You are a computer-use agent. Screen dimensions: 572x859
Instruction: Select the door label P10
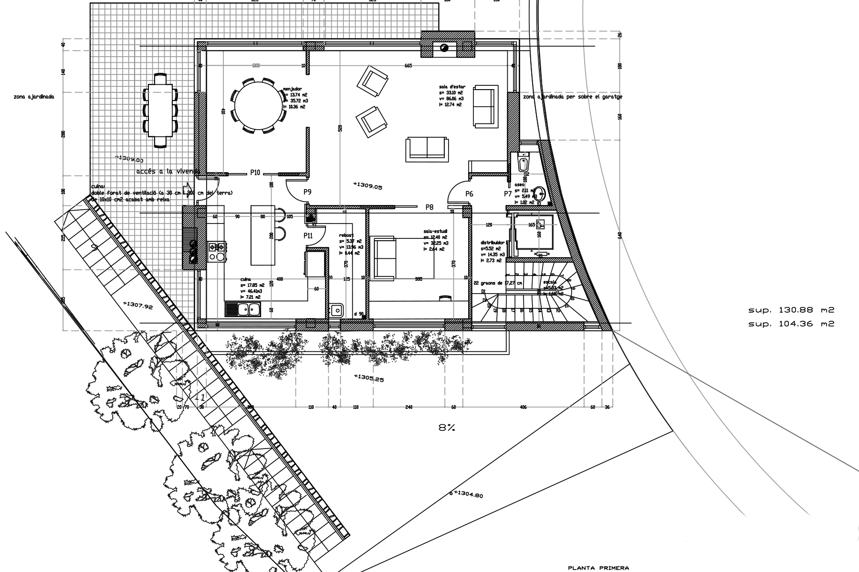(255, 173)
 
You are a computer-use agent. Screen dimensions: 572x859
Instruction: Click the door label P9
(307, 192)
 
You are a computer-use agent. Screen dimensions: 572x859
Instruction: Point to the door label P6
(469, 194)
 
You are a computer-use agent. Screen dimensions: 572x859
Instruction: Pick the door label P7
(508, 194)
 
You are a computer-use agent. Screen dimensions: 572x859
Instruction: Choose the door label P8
(429, 207)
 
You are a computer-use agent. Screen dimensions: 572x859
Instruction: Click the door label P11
(308, 235)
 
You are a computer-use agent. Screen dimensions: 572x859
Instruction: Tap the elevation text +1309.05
(367, 186)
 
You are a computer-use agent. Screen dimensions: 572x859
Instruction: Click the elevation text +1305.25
(369, 378)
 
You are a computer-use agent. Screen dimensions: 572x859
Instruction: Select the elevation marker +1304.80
(468, 495)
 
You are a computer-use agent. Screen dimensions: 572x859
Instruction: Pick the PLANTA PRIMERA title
(598, 568)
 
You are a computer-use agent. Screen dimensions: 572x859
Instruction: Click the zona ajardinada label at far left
(34, 97)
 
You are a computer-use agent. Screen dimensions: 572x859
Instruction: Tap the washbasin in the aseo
(540, 193)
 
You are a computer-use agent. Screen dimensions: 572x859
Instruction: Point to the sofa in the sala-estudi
(384, 257)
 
